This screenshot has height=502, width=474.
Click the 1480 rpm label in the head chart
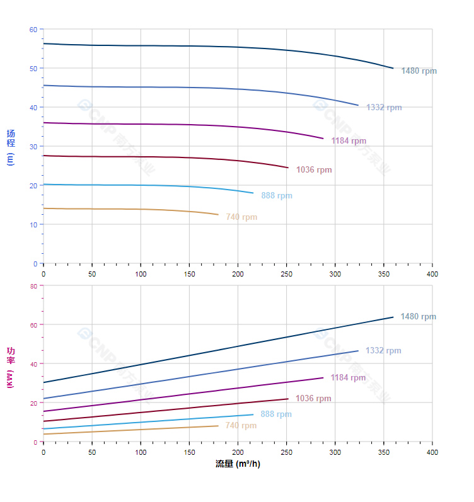coord(419,71)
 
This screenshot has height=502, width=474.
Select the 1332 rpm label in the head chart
coord(384,108)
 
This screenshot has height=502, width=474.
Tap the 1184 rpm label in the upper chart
coord(349,141)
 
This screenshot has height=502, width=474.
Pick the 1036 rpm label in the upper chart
coord(314,170)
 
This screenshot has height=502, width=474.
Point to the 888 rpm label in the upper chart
coord(277,196)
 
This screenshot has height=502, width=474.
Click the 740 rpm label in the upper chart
coord(241,217)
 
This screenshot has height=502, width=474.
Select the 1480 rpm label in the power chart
coord(418,317)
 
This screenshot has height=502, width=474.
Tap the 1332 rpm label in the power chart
coord(383,351)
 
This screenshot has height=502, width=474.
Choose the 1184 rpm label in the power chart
coord(348,378)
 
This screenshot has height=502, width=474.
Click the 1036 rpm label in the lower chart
coord(313,399)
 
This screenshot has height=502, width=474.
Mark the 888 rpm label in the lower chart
coord(276,414)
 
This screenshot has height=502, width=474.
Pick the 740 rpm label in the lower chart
coord(241,426)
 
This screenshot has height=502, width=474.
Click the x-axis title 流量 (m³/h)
coord(238,464)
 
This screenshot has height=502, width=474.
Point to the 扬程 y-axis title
coord(10,147)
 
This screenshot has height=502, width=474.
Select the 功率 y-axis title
coord(10,367)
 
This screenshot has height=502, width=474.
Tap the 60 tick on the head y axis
coord(33,30)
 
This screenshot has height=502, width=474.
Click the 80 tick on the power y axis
coord(33,286)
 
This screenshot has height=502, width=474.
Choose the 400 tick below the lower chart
coord(432,452)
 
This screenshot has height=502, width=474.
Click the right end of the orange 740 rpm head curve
coord(218,215)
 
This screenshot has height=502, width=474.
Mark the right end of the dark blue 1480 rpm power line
coord(393,317)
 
